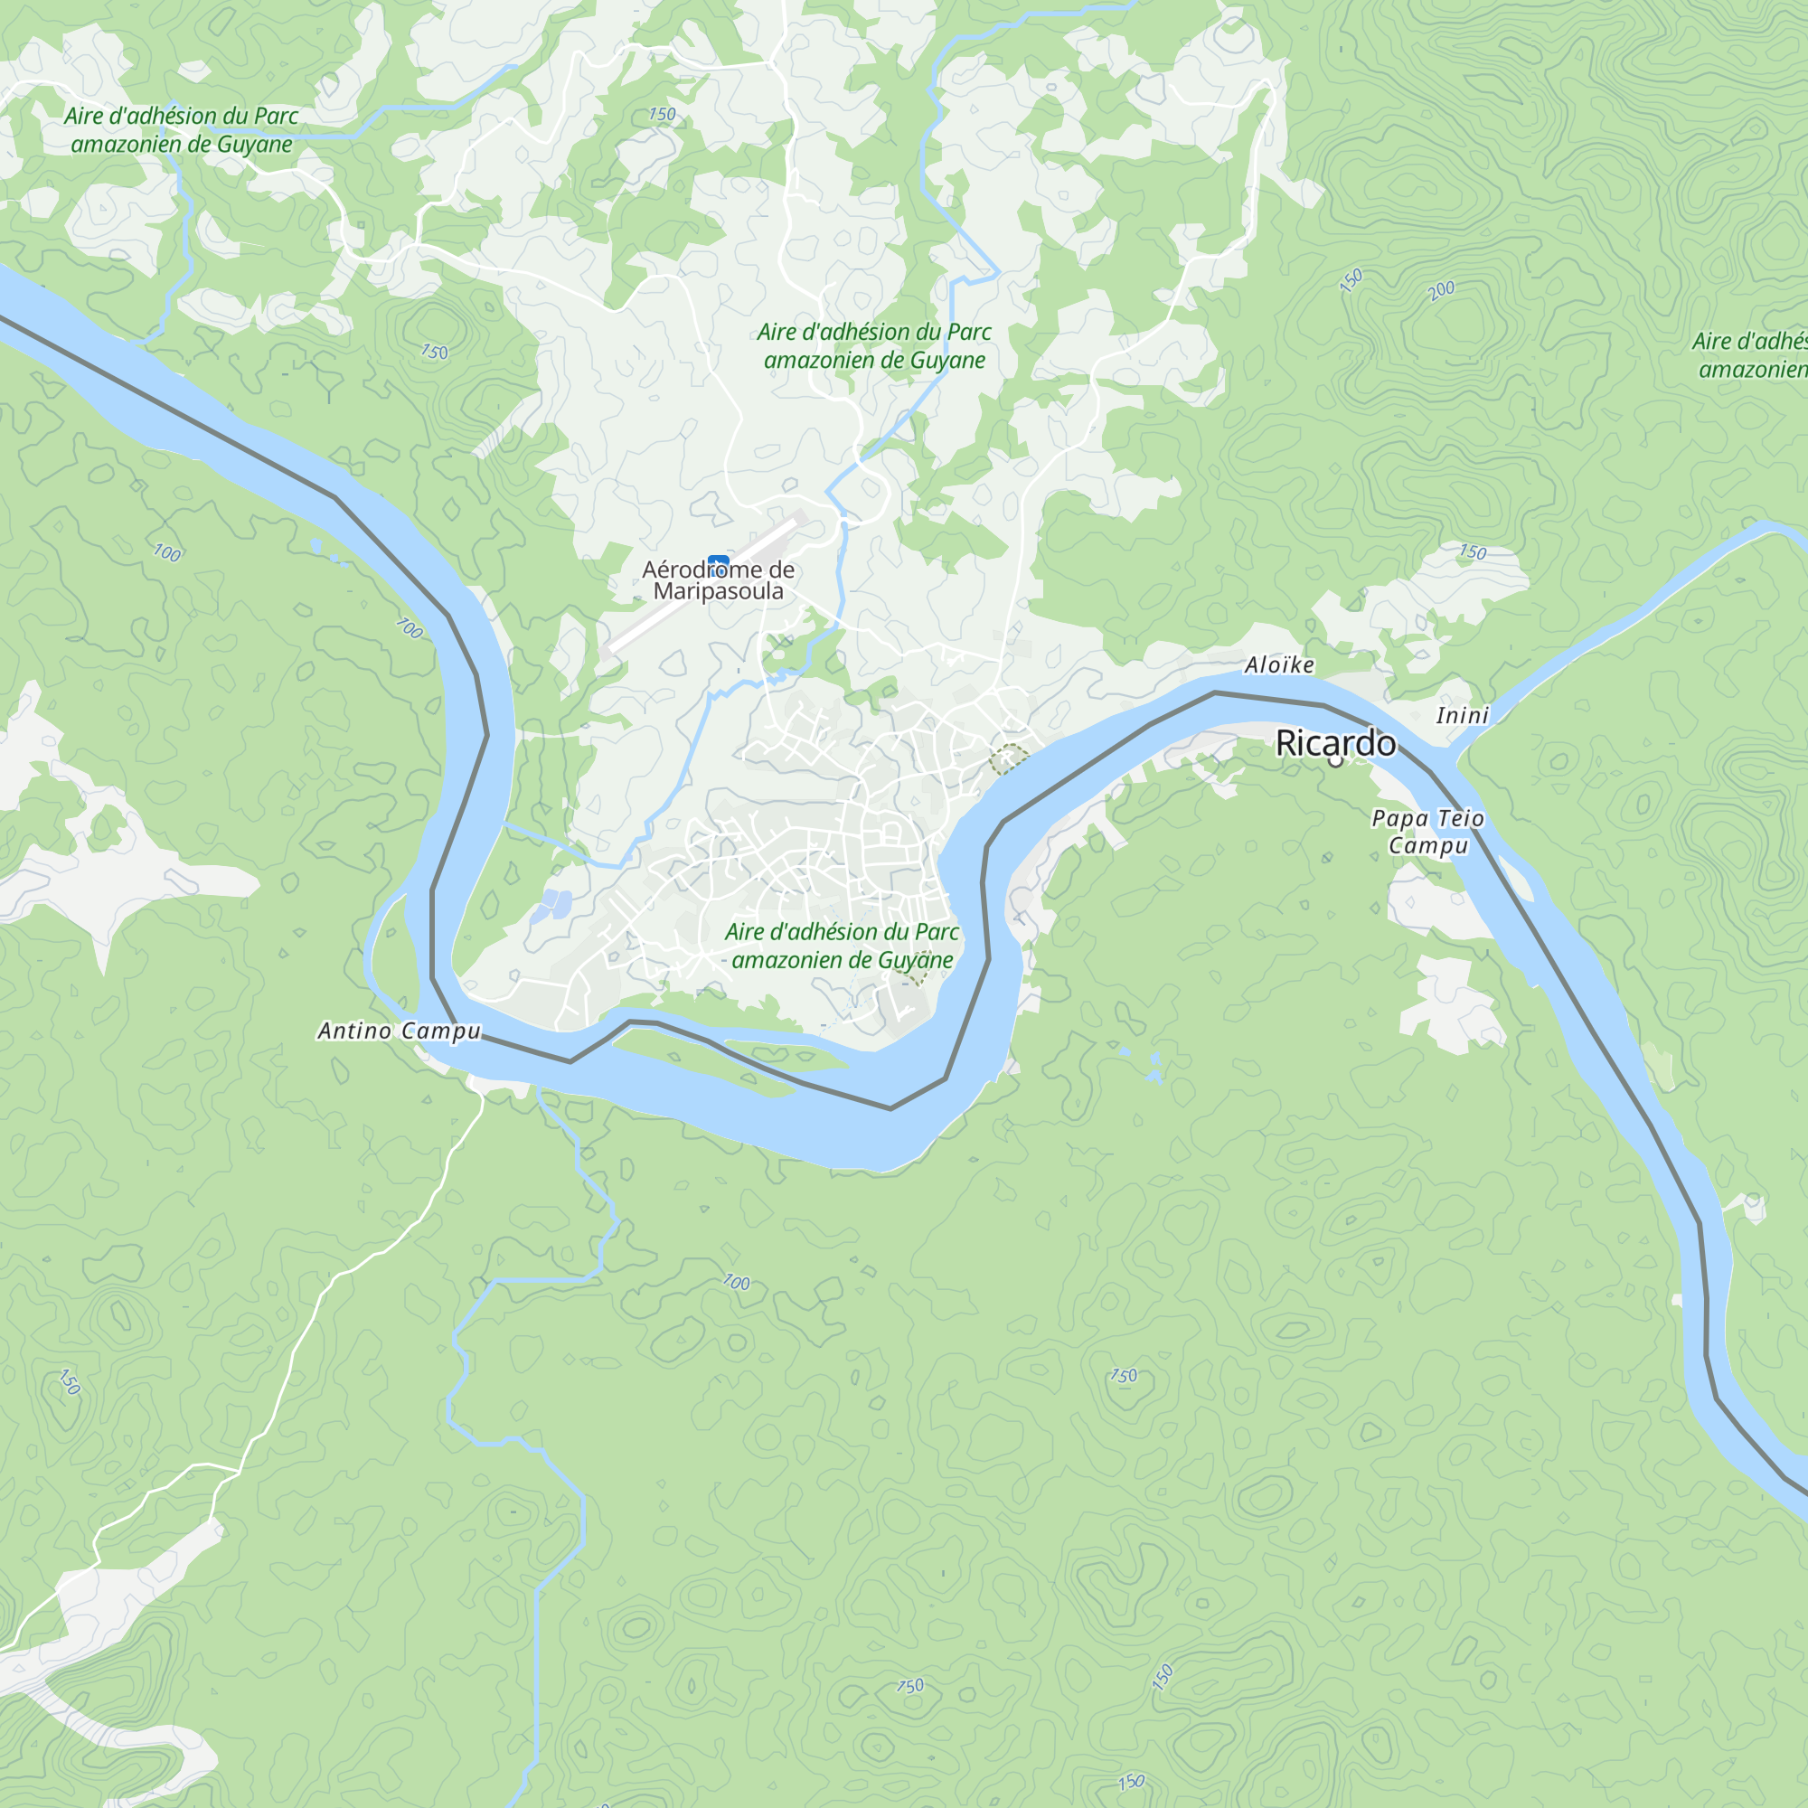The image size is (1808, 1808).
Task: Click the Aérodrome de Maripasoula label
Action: (718, 580)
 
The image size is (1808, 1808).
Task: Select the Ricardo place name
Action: (1335, 743)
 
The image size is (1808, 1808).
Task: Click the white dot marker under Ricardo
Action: (1335, 762)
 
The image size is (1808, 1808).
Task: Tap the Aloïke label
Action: (1279, 664)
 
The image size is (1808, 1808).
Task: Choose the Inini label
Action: (1462, 715)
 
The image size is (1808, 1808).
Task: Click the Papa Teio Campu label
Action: (1427, 831)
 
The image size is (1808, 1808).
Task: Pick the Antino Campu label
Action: (399, 1031)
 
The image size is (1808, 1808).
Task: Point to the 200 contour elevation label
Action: (1441, 290)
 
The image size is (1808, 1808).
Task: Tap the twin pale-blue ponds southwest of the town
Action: (552, 904)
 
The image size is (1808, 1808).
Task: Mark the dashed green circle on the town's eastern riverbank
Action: (1008, 758)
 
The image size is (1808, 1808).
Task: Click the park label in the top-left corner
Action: (181, 129)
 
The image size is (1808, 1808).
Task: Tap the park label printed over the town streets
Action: (842, 946)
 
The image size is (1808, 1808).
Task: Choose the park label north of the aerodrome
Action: (873, 345)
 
